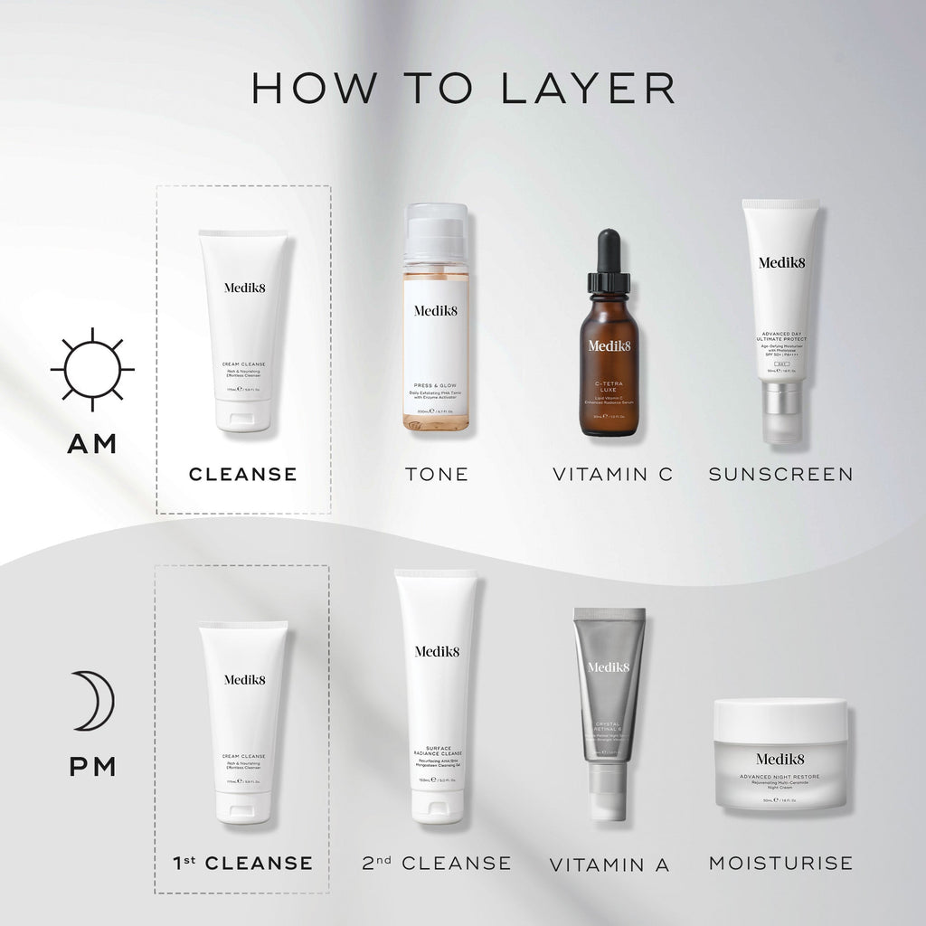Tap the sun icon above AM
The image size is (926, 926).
92,369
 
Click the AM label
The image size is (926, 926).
92,444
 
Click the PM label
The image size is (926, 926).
92,767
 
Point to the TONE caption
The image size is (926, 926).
437,473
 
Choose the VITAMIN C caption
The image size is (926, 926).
613,473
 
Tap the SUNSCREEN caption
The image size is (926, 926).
780,473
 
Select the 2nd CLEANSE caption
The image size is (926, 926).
436,863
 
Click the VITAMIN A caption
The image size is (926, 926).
609,865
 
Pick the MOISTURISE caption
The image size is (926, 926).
780,863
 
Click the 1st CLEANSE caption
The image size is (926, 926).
242,863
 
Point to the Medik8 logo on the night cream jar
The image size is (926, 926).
780,759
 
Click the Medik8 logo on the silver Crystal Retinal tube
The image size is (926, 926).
609,667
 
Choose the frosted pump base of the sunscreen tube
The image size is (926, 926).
780,411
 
